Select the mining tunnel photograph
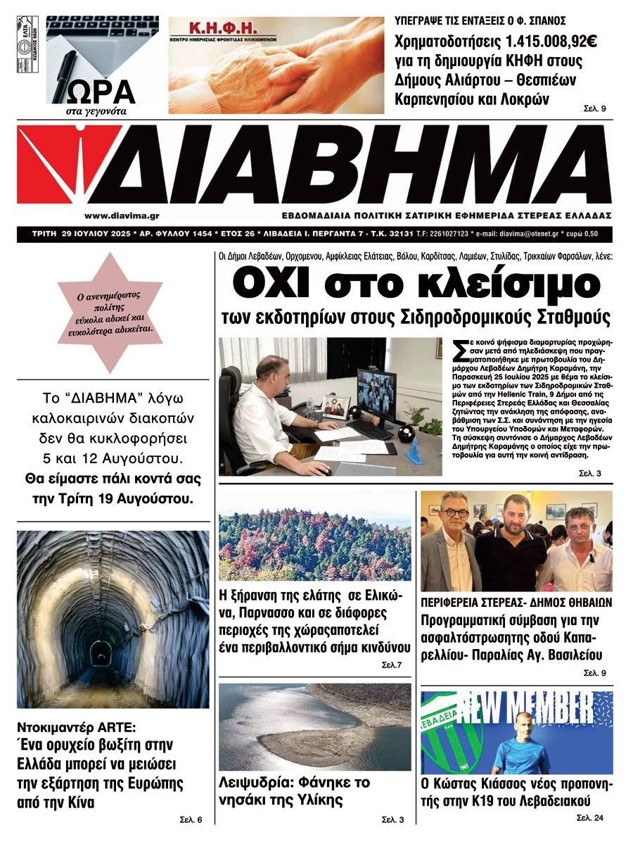coord(113,620)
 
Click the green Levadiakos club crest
coord(440,732)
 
